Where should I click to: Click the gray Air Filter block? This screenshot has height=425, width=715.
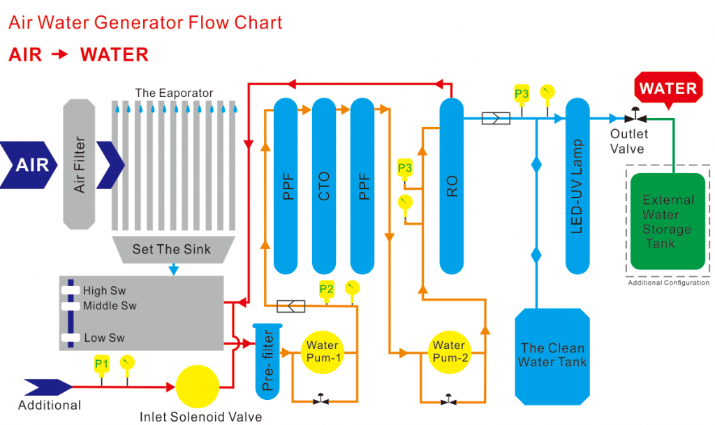79,164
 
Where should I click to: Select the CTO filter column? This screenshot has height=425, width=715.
324,186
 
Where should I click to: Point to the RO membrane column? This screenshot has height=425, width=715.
452,186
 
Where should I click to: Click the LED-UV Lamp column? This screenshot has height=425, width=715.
577,186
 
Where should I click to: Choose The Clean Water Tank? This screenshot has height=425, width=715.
552,356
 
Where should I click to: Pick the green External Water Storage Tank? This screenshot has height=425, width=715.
668,221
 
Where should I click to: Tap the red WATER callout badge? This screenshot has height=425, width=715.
668,89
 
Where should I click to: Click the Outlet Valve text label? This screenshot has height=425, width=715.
628,141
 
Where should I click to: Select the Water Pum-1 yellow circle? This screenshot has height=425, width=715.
323,352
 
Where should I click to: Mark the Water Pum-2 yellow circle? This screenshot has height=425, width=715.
450,352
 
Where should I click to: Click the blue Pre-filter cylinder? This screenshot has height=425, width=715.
267,361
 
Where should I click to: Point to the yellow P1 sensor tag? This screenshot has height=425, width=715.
101,364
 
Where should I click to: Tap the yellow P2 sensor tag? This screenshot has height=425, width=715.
327,289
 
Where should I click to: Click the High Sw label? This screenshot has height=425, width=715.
105,290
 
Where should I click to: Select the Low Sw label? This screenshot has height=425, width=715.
105,338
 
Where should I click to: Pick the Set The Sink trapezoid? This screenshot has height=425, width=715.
173,249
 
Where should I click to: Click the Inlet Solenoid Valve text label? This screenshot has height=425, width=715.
200,417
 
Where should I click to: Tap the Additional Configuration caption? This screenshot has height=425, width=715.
668,283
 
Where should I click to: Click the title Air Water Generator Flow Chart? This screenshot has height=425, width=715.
145,22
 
